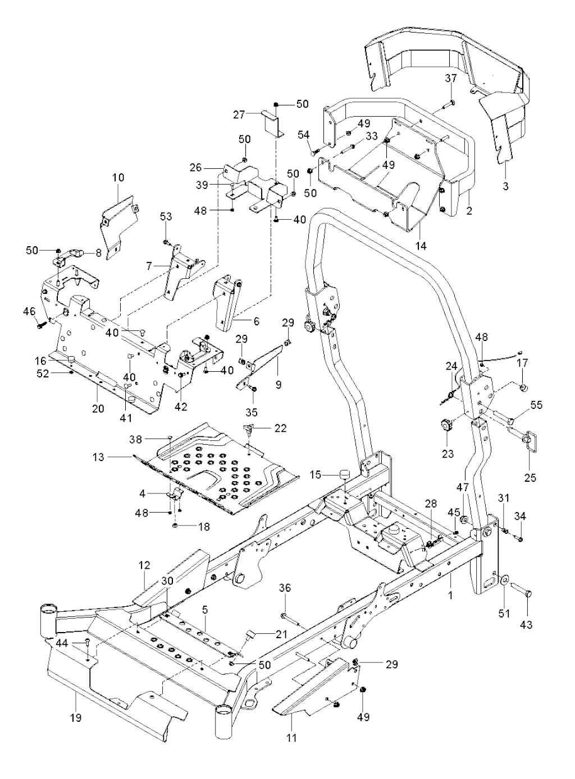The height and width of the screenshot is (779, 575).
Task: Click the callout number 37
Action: [x=451, y=79]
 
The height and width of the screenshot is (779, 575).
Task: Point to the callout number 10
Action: [x=118, y=177]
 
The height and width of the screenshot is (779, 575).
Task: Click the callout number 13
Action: [x=99, y=457]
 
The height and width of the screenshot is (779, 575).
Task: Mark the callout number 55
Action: [x=537, y=405]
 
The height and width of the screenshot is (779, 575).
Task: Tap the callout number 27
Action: [x=240, y=115]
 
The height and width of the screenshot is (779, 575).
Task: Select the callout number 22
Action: [x=280, y=428]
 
